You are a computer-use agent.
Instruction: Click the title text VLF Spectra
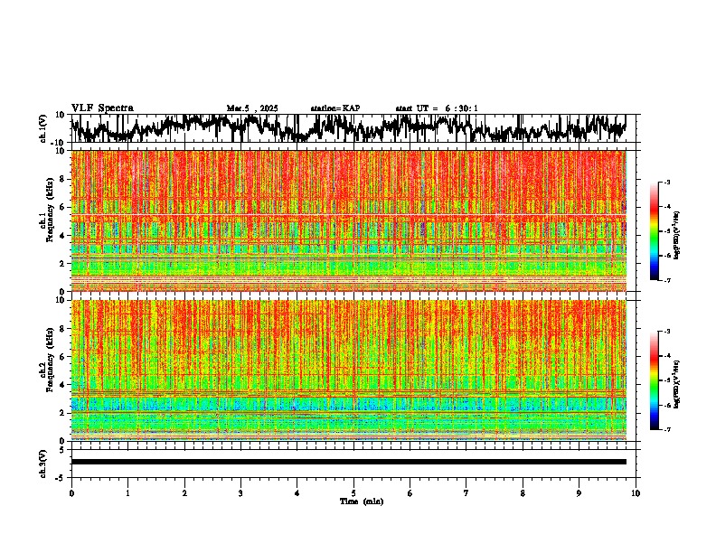click(102, 108)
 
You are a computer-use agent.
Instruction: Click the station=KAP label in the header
click(334, 108)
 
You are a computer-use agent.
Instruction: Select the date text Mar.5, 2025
click(252, 108)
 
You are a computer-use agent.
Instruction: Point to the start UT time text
click(437, 108)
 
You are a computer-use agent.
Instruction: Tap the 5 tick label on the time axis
click(353, 493)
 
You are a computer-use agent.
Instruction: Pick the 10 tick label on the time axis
click(636, 493)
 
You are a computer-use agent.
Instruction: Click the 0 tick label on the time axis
click(71, 493)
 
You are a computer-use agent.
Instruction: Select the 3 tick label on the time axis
click(240, 493)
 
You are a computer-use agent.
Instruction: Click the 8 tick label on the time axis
click(523, 493)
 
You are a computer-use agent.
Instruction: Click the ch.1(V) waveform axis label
click(43, 128)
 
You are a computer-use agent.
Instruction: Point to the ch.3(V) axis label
click(43, 462)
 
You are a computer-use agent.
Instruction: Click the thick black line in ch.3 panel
click(348, 462)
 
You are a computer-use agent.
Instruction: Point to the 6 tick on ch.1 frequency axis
click(62, 207)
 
